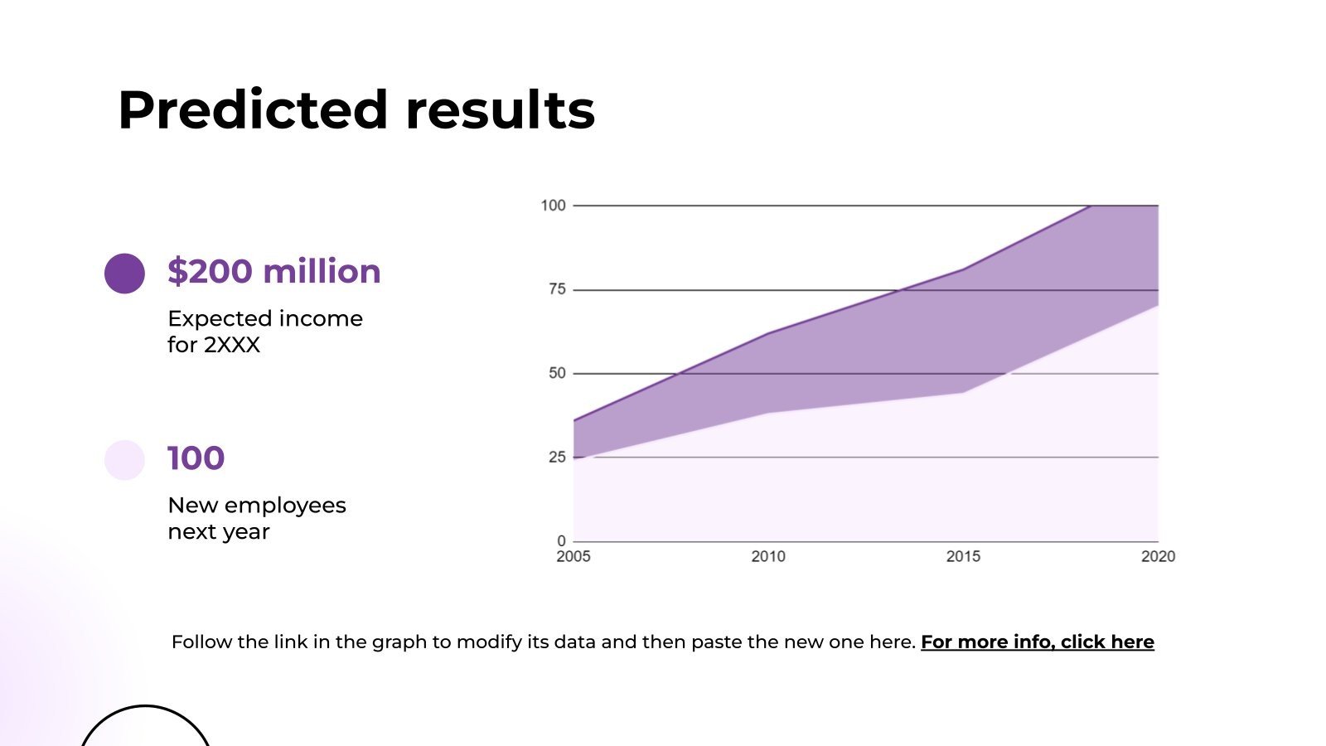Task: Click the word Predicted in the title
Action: click(x=253, y=109)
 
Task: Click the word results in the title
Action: click(x=500, y=109)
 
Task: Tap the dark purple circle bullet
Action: click(x=124, y=274)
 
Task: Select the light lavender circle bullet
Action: click(x=124, y=460)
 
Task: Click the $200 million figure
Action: click(x=273, y=272)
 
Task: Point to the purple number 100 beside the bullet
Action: click(x=196, y=458)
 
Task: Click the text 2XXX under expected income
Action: click(x=232, y=345)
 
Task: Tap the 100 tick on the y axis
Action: click(x=553, y=206)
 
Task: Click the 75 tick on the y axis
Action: click(x=557, y=289)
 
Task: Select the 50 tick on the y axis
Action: click(x=557, y=373)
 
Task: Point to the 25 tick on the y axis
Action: click(x=557, y=457)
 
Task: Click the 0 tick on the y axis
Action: click(x=561, y=541)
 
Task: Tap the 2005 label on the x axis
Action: click(x=573, y=557)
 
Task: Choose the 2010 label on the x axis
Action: click(x=768, y=557)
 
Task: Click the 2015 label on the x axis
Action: click(x=963, y=557)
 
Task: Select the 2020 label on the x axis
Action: click(x=1158, y=557)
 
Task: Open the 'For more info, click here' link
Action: click(x=1037, y=642)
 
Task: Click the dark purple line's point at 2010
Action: click(x=768, y=333)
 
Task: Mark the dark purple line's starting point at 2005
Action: click(x=574, y=420)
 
